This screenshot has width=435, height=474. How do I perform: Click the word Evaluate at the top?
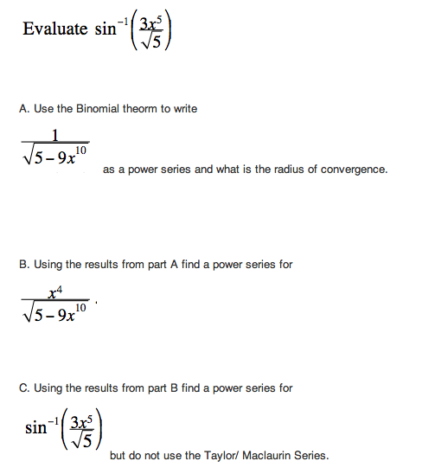(54, 29)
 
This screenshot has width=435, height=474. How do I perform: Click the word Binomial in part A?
(108, 108)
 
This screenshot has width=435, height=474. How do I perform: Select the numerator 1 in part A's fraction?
(54, 133)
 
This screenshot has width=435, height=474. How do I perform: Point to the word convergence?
(353, 170)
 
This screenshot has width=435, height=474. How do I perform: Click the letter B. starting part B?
(23, 264)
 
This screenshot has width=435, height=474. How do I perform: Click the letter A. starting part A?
(23, 108)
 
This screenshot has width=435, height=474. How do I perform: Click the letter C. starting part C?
(23, 388)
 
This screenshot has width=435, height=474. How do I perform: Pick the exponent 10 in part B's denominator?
(81, 306)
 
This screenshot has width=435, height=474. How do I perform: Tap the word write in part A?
(185, 108)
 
